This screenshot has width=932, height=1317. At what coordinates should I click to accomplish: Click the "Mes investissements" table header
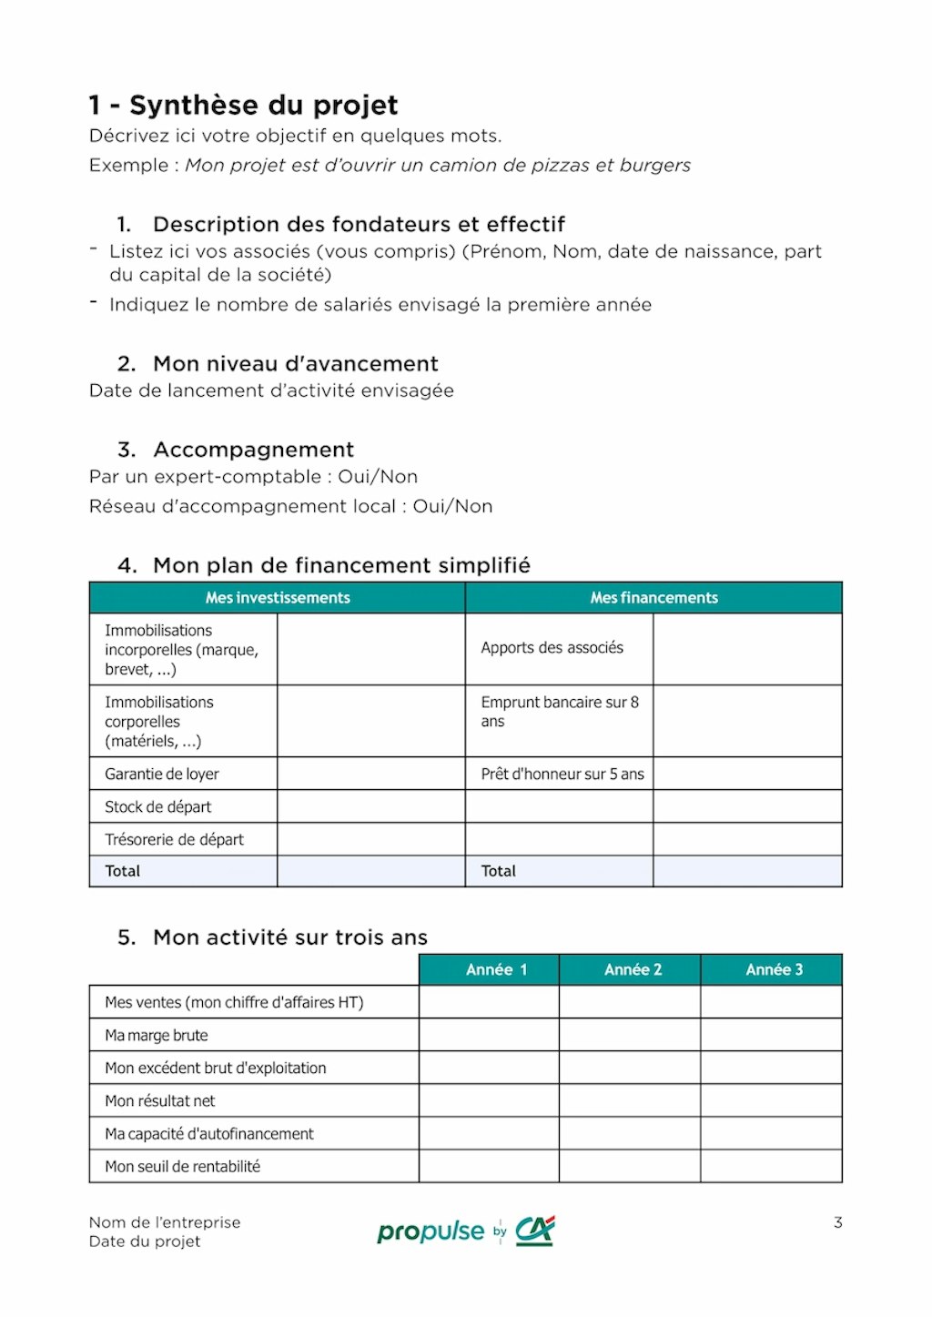click(278, 598)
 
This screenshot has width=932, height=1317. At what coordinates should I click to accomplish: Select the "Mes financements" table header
click(653, 598)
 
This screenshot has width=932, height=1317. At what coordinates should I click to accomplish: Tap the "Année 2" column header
click(633, 970)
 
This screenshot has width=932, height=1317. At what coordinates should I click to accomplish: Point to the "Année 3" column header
click(774, 970)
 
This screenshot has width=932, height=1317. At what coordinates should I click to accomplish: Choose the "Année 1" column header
click(496, 970)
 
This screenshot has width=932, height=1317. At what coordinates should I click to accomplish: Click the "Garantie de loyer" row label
click(162, 775)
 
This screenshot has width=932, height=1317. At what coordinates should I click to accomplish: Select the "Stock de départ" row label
click(157, 807)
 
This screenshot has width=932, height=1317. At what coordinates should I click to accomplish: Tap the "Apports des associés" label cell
click(552, 648)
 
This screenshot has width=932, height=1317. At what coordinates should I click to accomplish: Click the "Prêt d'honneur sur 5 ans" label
click(562, 775)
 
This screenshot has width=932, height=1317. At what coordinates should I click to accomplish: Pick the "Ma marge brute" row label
click(157, 1036)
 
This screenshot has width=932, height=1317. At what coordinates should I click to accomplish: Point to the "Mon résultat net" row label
click(160, 1101)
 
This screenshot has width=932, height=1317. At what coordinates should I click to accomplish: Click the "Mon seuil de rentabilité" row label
click(182, 1167)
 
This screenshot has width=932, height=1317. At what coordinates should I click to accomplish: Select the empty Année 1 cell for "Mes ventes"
click(489, 1003)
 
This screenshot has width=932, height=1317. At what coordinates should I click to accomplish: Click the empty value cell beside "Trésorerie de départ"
click(370, 840)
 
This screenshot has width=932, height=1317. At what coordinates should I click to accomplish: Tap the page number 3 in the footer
click(838, 1222)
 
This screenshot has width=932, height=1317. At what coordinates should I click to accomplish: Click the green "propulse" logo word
click(431, 1232)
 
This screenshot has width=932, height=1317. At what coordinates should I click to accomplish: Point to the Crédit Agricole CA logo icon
click(535, 1231)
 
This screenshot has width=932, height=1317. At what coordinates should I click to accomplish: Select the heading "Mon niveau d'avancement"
click(295, 364)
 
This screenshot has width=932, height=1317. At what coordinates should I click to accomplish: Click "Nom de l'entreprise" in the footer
click(165, 1222)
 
